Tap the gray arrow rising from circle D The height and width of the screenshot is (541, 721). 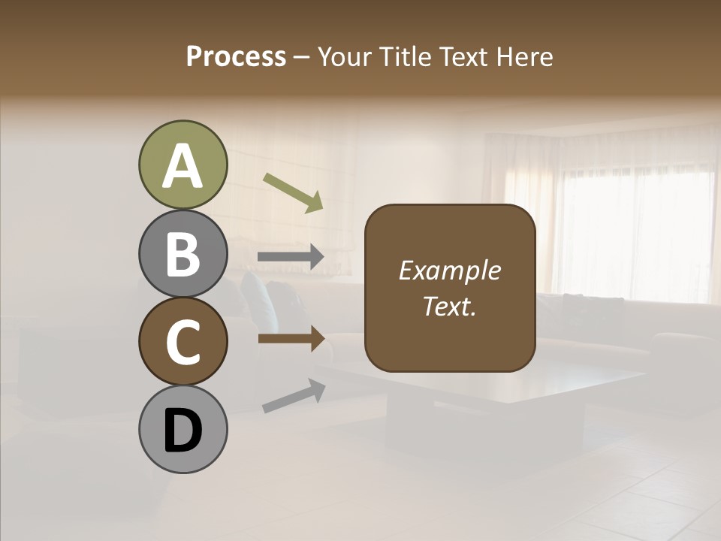[294, 396]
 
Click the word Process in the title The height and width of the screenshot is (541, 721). [236, 57]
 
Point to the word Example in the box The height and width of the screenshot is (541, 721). [449, 271]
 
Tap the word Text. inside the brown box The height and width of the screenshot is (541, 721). [449, 306]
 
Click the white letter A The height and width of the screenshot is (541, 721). [183, 167]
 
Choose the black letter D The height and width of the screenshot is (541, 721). [183, 431]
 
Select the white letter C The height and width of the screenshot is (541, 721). [183, 342]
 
